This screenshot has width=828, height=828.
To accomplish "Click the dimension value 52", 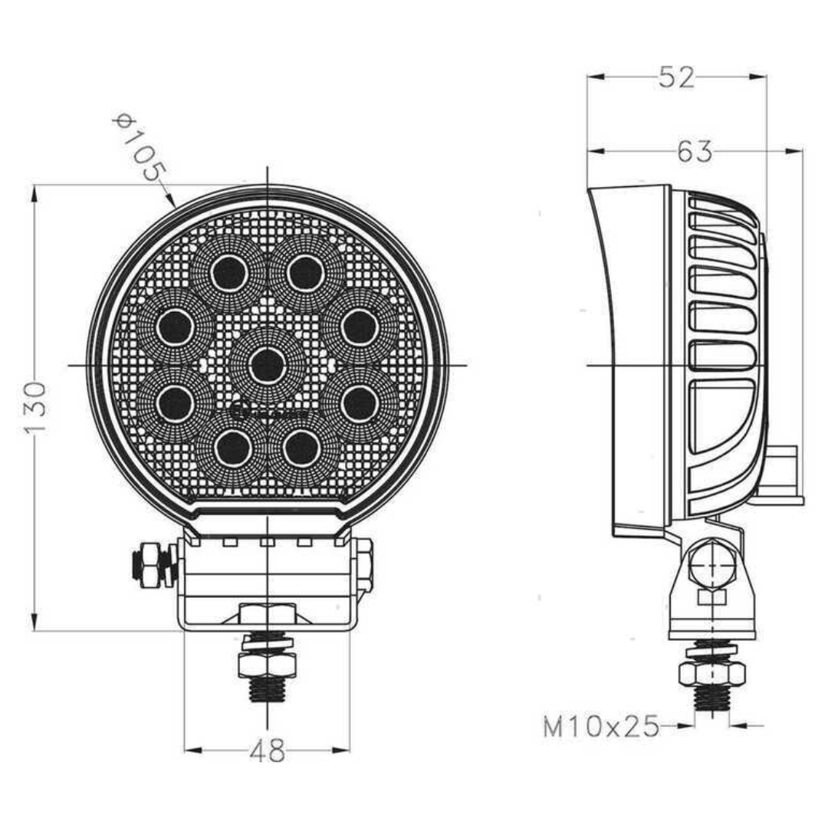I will point(676,77).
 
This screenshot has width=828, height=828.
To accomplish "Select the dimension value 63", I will point(695,152).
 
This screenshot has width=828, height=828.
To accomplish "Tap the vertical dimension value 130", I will point(35,407).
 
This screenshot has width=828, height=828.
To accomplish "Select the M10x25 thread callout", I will point(601,726).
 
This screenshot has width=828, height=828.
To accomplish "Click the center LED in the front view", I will point(267,365).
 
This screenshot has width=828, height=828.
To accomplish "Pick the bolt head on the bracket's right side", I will point(364,565).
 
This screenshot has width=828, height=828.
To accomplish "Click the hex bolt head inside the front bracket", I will point(267,615).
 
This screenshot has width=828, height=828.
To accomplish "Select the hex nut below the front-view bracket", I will point(267,664).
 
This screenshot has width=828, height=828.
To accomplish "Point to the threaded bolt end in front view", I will point(267,691).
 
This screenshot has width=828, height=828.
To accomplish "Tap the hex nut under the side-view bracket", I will point(711,673).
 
